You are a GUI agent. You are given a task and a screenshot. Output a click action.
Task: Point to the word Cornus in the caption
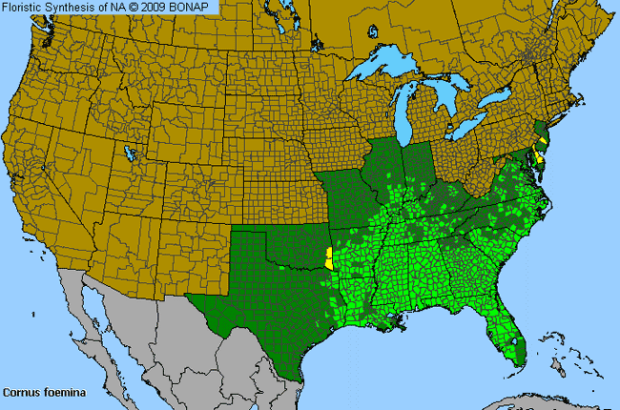click(19, 392)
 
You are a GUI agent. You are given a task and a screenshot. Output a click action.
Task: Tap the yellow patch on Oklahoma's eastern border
click(329, 258)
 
